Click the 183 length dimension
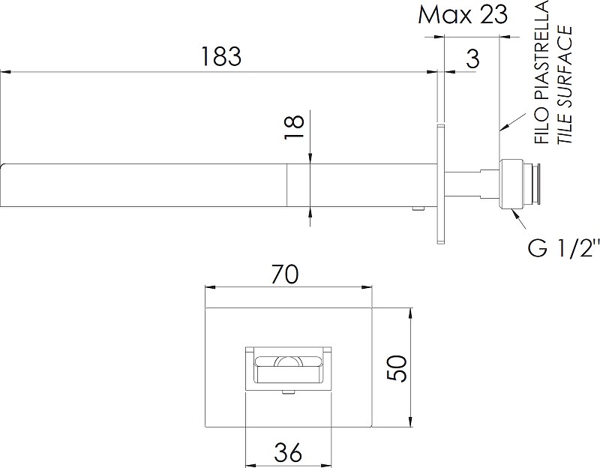point(221,57)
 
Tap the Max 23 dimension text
point(463,15)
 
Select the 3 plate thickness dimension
point(473,58)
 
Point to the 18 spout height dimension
point(295,127)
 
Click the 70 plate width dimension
point(284,274)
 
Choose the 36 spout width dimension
point(288,452)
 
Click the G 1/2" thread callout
point(563,249)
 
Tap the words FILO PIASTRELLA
point(541,72)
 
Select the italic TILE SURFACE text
point(565,85)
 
